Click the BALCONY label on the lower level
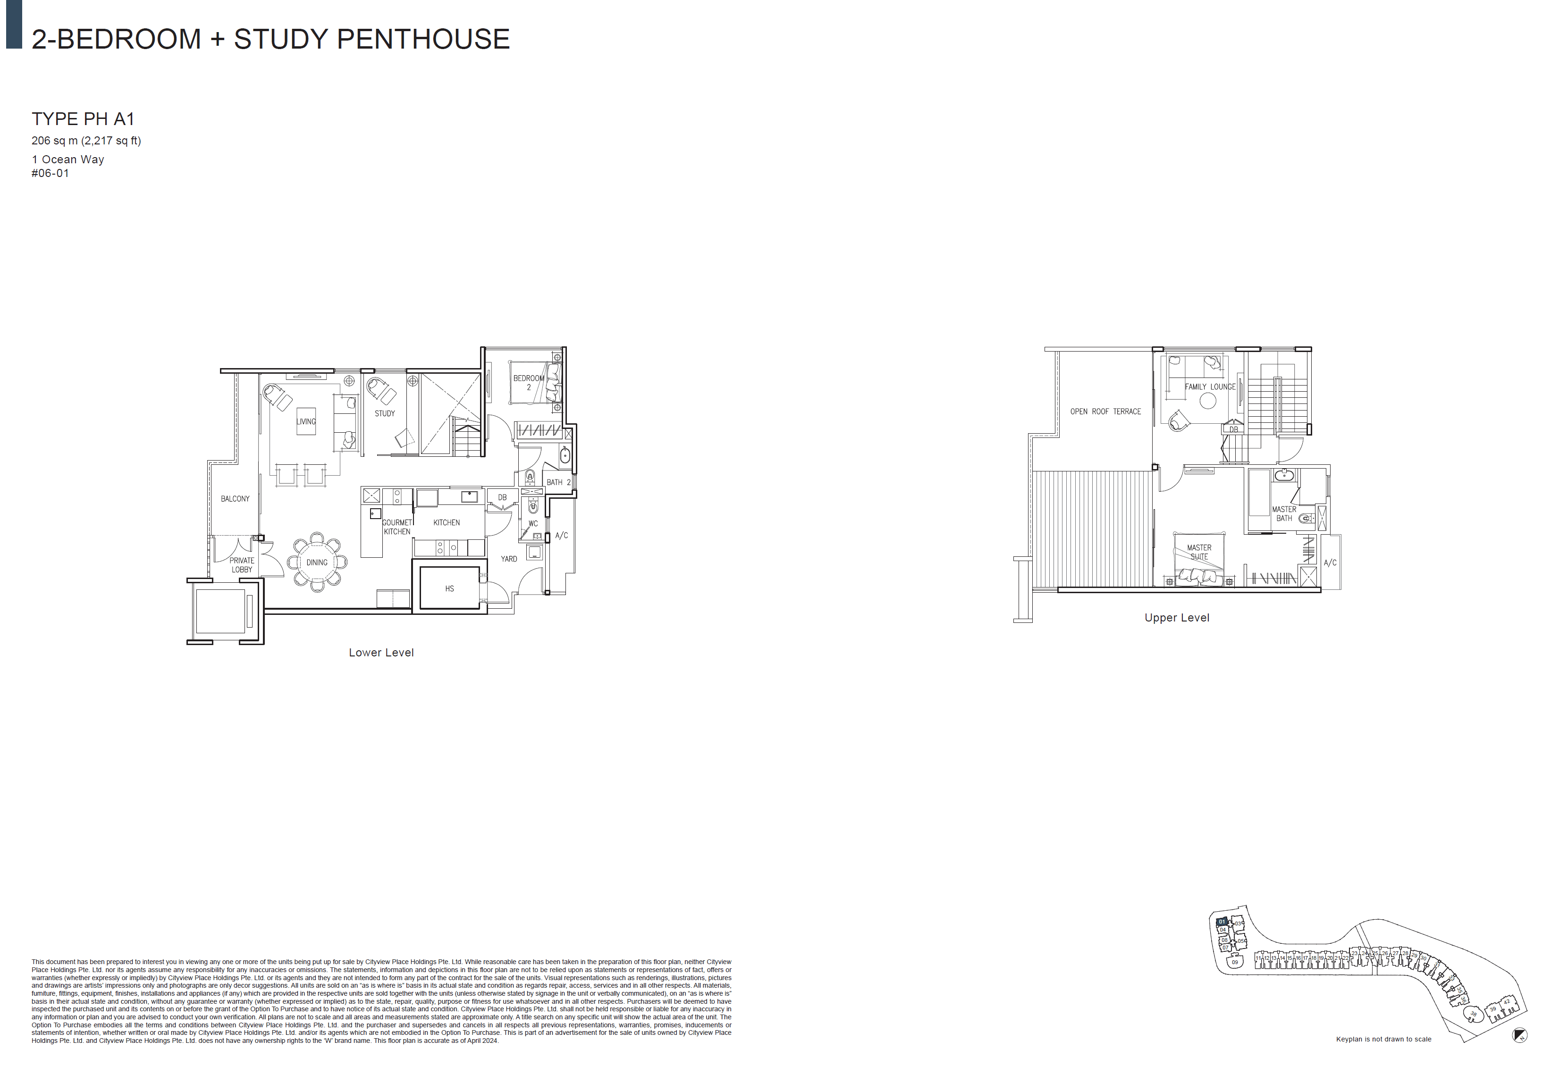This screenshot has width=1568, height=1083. click(235, 499)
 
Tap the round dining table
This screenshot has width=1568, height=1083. click(317, 562)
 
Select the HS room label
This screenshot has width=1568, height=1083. click(449, 588)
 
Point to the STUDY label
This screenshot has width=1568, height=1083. click(385, 413)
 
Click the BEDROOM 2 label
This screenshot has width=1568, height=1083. click(528, 383)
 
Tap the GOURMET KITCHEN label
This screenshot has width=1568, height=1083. click(397, 527)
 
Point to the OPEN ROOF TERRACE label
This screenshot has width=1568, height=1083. click(1106, 411)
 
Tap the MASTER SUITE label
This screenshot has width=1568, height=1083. click(1199, 552)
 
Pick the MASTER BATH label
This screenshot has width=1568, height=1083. click(1284, 514)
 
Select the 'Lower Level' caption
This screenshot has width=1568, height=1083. click(381, 653)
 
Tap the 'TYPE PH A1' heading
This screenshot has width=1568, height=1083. click(83, 119)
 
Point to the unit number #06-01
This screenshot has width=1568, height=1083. click(50, 174)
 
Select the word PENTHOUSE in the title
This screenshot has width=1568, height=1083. click(423, 39)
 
